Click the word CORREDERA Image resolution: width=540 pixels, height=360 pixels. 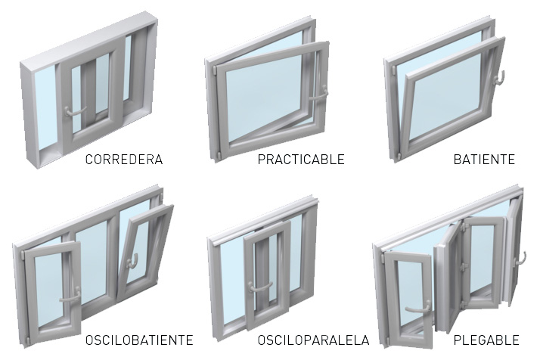124,160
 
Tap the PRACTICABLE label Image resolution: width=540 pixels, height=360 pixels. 301,160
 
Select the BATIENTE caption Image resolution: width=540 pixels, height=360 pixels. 484,160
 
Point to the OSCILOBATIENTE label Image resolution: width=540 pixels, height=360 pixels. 139,340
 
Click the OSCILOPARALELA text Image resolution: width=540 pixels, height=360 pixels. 313,340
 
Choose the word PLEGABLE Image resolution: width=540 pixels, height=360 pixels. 486,340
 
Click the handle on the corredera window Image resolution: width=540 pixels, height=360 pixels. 74,112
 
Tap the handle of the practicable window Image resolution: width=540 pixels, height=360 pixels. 319,94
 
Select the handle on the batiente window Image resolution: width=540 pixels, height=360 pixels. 499,77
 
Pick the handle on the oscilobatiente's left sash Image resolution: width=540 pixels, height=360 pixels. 70,296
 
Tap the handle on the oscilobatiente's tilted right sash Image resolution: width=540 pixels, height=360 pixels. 132,261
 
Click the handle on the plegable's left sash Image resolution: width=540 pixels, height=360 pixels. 418,307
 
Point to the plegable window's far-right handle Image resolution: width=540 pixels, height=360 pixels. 520,259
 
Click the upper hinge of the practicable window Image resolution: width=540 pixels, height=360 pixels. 214,70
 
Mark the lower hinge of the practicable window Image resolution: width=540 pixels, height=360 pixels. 218,155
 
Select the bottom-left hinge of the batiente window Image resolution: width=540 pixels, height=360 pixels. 398,157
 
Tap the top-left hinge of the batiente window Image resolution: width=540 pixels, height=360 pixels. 393,70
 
